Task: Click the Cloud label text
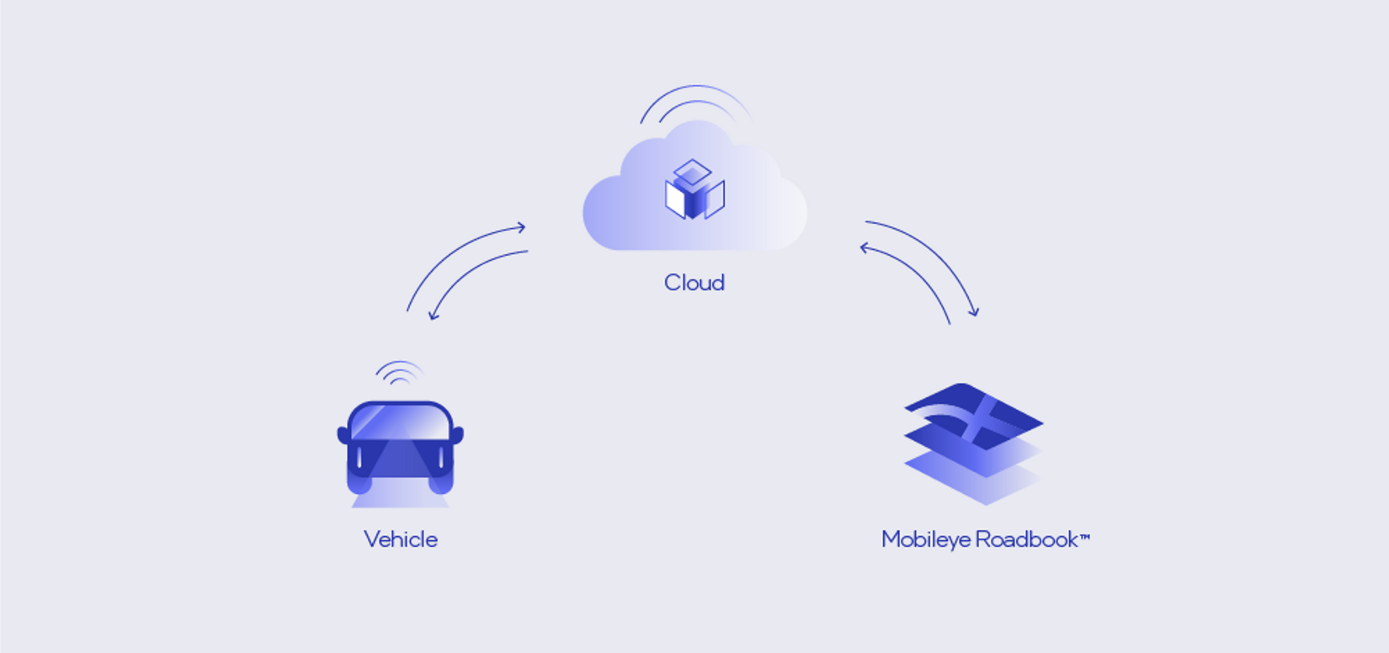pos(694,283)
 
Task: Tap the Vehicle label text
pos(401,539)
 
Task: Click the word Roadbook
pos(1027,539)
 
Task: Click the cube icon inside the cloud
pos(694,190)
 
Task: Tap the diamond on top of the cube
pos(693,172)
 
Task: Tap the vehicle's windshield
pos(400,422)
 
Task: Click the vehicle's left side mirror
pos(343,434)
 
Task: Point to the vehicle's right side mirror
pos(458,434)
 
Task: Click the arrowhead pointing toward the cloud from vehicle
pos(521,227)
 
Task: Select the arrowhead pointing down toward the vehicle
pos(434,316)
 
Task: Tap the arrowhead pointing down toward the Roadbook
pos(975,312)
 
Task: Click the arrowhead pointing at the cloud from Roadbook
pos(865,248)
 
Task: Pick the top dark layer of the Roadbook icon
pos(973,416)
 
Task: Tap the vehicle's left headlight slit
pos(359,458)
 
